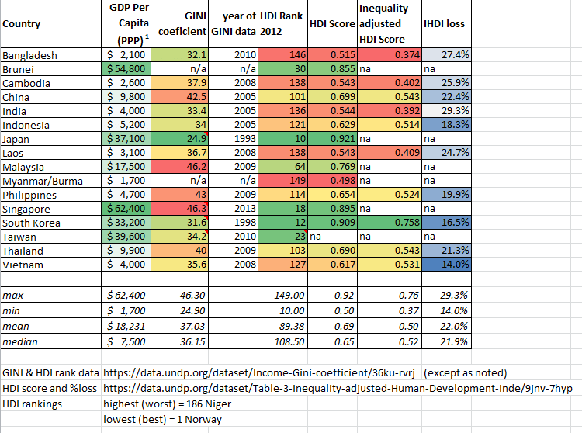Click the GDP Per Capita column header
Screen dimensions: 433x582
[x=129, y=23]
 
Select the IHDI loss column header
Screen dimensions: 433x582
[x=444, y=23]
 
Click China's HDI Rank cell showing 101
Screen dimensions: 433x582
[x=282, y=97]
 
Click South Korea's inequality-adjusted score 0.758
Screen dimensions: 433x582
[x=390, y=223]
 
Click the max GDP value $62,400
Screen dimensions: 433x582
[x=129, y=295]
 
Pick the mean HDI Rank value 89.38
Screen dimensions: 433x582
[x=282, y=327]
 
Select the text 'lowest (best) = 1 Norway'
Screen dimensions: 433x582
[x=162, y=419]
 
